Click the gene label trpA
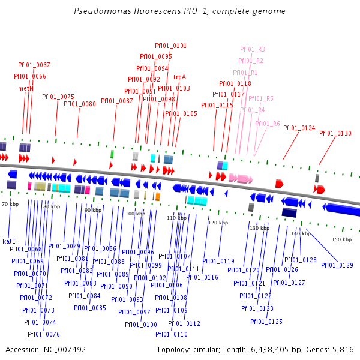[x=179, y=77]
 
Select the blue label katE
[x=9, y=241]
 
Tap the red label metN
[x=26, y=88]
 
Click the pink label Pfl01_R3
[x=253, y=49]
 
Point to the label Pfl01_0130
[x=335, y=133]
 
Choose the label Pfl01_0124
[x=299, y=128]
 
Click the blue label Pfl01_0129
[x=337, y=265]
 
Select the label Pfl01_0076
[x=44, y=334]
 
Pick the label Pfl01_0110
[x=172, y=334]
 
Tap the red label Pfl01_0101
[x=170, y=46]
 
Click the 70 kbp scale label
[x=10, y=205]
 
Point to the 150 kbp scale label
[x=341, y=239]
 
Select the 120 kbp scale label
[x=218, y=223]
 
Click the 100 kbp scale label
[x=135, y=214]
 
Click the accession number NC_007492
[x=64, y=349]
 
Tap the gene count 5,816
[x=344, y=349]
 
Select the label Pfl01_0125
[x=266, y=322]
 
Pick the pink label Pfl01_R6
[x=267, y=124]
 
